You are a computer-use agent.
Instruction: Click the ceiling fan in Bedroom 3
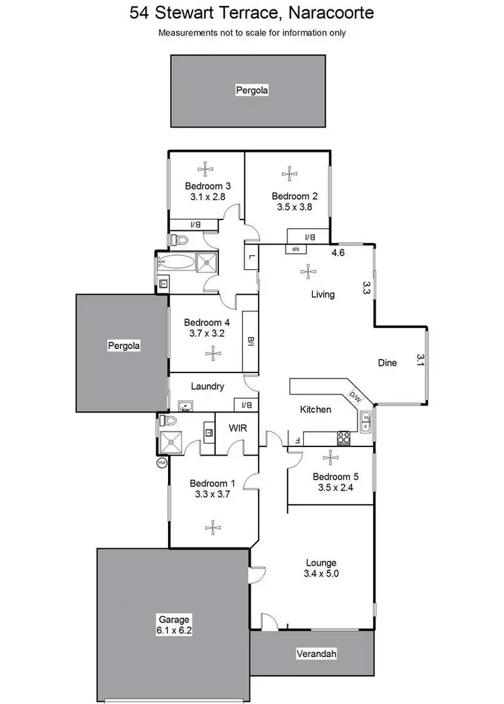click(x=205, y=169)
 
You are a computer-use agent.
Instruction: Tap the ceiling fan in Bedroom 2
click(x=289, y=174)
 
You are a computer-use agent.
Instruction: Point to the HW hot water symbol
click(x=161, y=463)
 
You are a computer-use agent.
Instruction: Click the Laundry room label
click(x=207, y=387)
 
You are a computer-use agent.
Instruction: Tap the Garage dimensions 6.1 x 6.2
click(x=174, y=630)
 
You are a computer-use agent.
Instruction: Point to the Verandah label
click(x=316, y=654)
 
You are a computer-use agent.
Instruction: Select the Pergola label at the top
click(x=252, y=90)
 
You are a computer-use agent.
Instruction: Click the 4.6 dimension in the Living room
click(x=338, y=253)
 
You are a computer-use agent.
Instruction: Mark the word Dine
click(x=387, y=362)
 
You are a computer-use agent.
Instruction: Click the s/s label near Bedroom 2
click(x=295, y=249)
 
